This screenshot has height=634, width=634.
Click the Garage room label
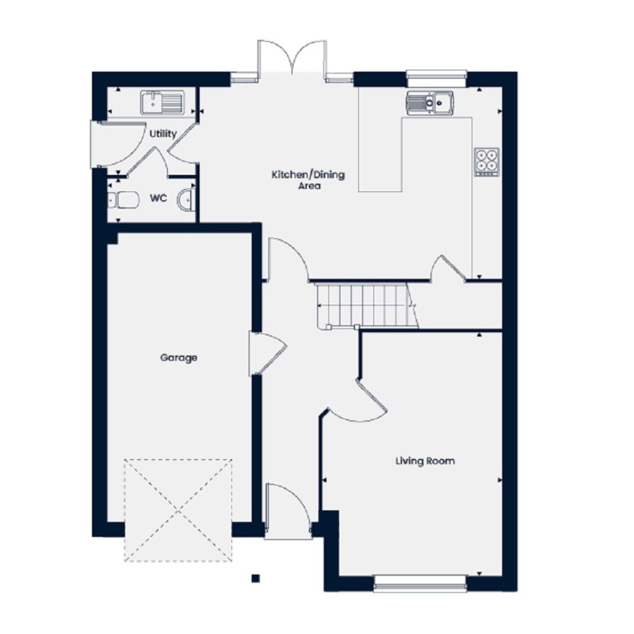(x=178, y=358)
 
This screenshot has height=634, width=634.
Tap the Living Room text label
(x=425, y=461)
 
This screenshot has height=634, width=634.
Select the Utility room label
(x=163, y=134)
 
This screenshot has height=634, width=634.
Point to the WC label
(x=158, y=198)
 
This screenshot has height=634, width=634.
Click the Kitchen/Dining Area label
(x=308, y=180)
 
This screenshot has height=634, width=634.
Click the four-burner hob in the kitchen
(x=487, y=162)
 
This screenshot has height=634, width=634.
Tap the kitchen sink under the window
(x=430, y=102)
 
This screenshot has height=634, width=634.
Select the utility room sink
(x=163, y=102)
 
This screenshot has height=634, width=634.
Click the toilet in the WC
(x=123, y=200)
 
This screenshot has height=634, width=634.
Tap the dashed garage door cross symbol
(x=178, y=510)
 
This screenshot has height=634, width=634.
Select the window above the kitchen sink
(x=437, y=79)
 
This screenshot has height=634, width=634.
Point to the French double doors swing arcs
(x=292, y=56)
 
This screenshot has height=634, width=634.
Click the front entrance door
(x=288, y=511)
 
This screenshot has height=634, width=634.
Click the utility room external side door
(x=117, y=144)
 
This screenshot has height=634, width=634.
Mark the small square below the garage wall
(x=255, y=579)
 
